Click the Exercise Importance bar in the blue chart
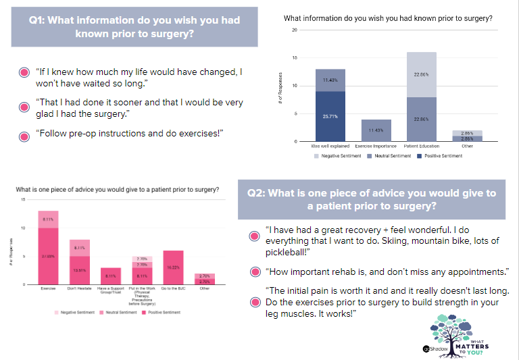tap(376, 130)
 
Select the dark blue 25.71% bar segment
tap(330, 116)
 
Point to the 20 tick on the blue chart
tap(295, 30)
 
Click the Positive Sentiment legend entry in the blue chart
tap(443, 156)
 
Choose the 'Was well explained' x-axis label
tap(330, 146)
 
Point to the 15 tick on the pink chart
tap(23, 200)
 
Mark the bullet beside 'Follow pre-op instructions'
tap(24, 136)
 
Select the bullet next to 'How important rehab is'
tap(254, 272)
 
